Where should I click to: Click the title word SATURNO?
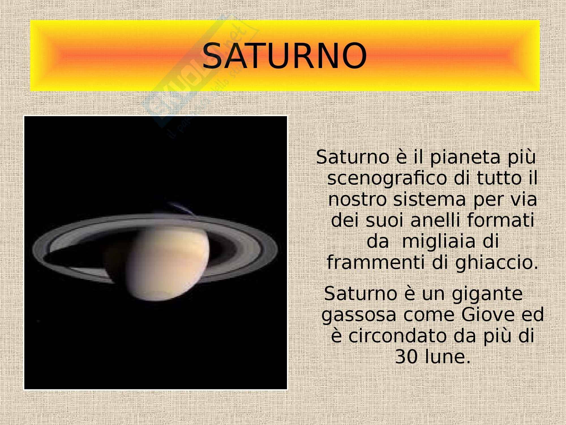click(285, 56)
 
